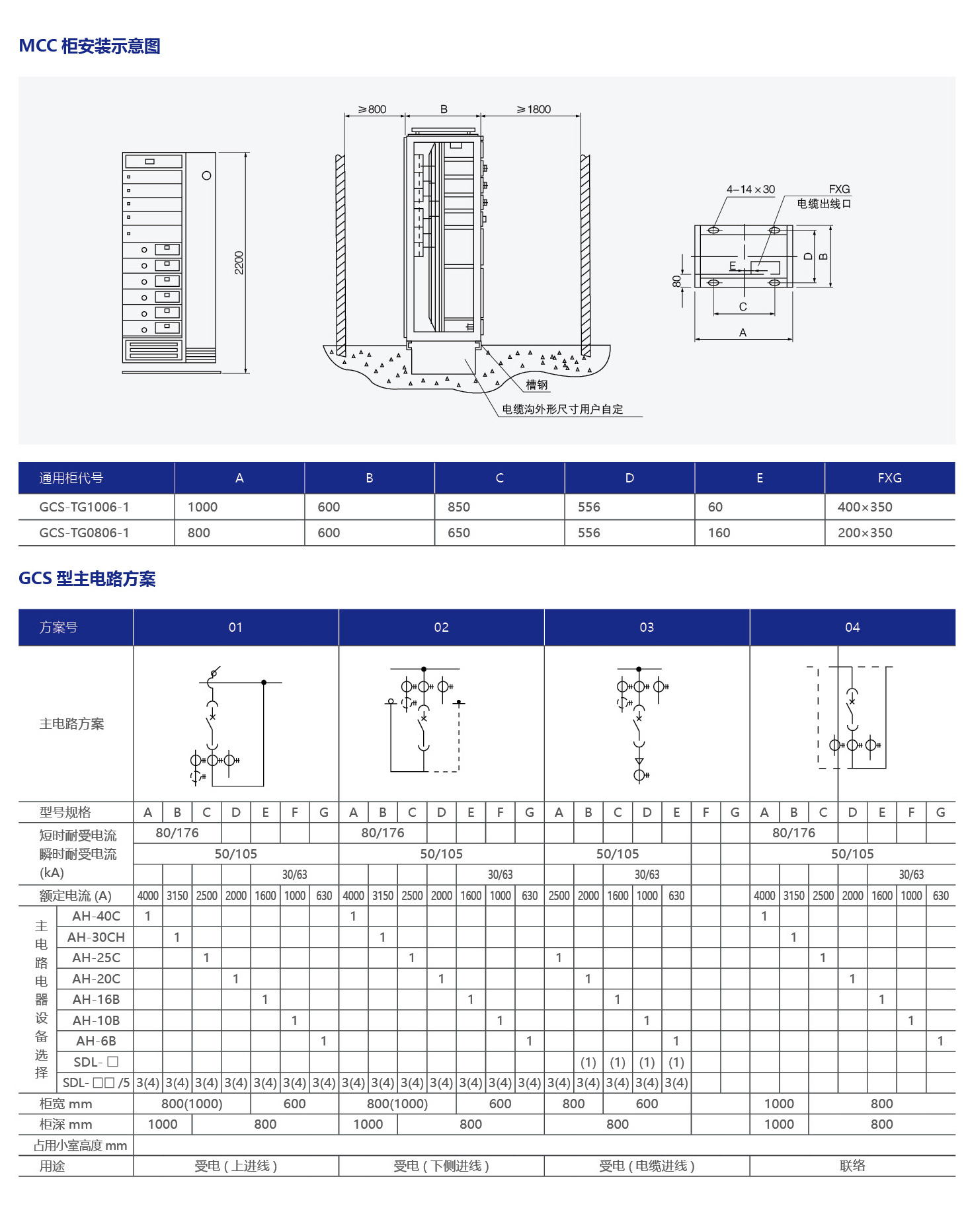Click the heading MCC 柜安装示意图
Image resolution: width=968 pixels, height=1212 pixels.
point(89,46)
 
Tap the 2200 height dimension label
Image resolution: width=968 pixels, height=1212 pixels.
point(239,262)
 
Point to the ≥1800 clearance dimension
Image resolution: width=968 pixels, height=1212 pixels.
point(534,109)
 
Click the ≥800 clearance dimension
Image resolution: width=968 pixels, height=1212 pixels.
point(372,109)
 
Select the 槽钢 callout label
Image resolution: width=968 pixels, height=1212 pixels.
point(536,385)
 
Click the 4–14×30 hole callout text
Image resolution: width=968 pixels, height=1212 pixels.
point(750,190)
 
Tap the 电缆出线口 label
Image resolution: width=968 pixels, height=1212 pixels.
point(823,204)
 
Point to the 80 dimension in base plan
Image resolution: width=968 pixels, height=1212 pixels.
point(676,282)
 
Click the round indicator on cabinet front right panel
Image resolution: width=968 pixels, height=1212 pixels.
point(206,176)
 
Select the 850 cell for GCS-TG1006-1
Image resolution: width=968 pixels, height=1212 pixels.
point(459,507)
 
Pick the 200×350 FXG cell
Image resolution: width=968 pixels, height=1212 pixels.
point(865,533)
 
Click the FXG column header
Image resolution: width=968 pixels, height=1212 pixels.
point(889,478)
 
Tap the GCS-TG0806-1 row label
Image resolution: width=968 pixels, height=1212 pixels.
point(84,533)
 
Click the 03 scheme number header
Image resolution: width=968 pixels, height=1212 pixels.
point(647,627)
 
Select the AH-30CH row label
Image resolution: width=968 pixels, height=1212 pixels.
point(96,937)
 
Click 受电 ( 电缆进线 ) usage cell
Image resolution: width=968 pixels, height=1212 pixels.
point(647,1166)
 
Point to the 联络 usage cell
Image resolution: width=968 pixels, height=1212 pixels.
point(852,1166)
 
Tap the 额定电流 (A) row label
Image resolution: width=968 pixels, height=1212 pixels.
point(75,895)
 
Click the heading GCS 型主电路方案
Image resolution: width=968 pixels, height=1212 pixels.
point(87,579)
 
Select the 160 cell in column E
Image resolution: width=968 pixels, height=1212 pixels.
point(719,533)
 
